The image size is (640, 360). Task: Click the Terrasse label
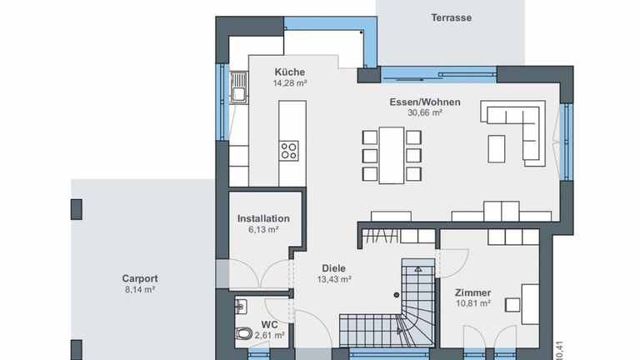(x=452, y=17)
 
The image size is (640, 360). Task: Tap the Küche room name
(x=290, y=72)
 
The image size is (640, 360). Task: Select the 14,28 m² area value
(x=290, y=82)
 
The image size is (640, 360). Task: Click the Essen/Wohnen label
(x=425, y=102)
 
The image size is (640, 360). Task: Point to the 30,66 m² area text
(x=425, y=112)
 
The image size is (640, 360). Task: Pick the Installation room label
(x=263, y=218)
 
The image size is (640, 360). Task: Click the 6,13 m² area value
(x=263, y=229)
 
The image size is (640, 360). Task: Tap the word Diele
(x=334, y=268)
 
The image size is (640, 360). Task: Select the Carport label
(x=140, y=278)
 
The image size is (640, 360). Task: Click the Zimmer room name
(x=473, y=292)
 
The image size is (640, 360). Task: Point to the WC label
(x=269, y=324)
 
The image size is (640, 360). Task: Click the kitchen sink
(x=238, y=87)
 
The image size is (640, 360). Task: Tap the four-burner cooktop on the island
(x=289, y=151)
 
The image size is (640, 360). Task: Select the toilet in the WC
(x=243, y=334)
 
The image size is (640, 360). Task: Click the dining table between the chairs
(x=392, y=156)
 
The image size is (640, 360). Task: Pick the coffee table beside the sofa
(x=497, y=149)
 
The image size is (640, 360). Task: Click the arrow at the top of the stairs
(x=418, y=270)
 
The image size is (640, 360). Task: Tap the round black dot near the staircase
(x=397, y=295)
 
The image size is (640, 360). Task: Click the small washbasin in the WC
(x=241, y=307)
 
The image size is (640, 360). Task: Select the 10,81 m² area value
(x=473, y=303)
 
